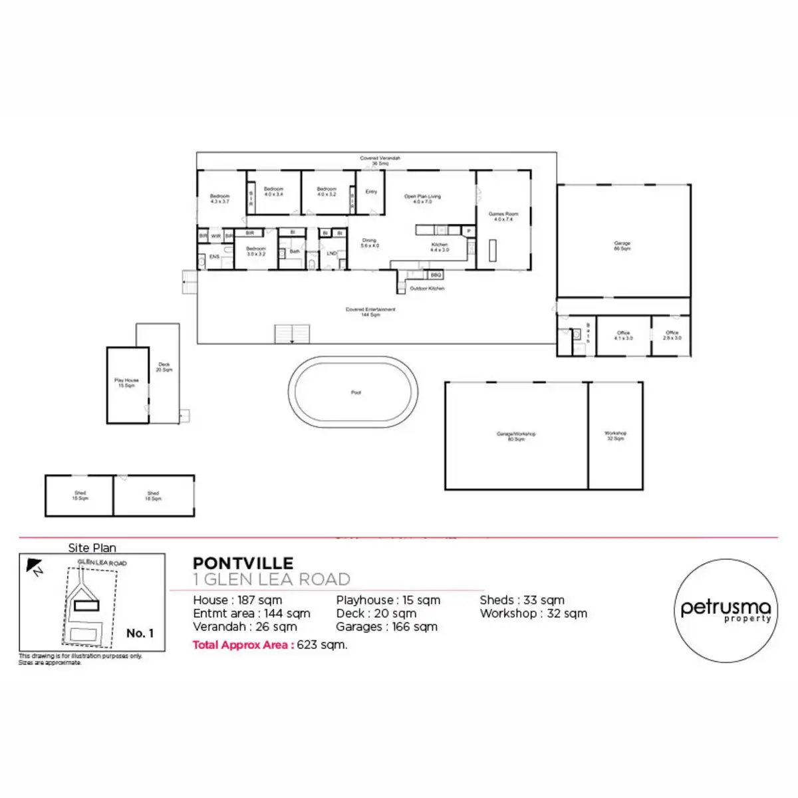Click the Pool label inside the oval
(356, 392)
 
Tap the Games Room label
(503, 216)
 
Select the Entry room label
(371, 192)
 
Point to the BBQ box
(436, 275)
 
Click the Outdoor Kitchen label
(427, 289)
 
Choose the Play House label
(126, 383)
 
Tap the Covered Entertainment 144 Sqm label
(370, 312)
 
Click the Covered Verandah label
(380, 160)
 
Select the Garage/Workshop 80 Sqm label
(516, 436)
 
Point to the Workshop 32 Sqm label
(615, 436)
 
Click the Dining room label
(370, 243)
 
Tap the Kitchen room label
(440, 247)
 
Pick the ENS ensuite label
(214, 257)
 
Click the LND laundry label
(331, 253)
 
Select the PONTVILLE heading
(243, 564)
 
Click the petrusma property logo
(726, 610)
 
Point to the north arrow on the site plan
(33, 567)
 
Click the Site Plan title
(92, 548)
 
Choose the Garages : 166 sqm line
(386, 626)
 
